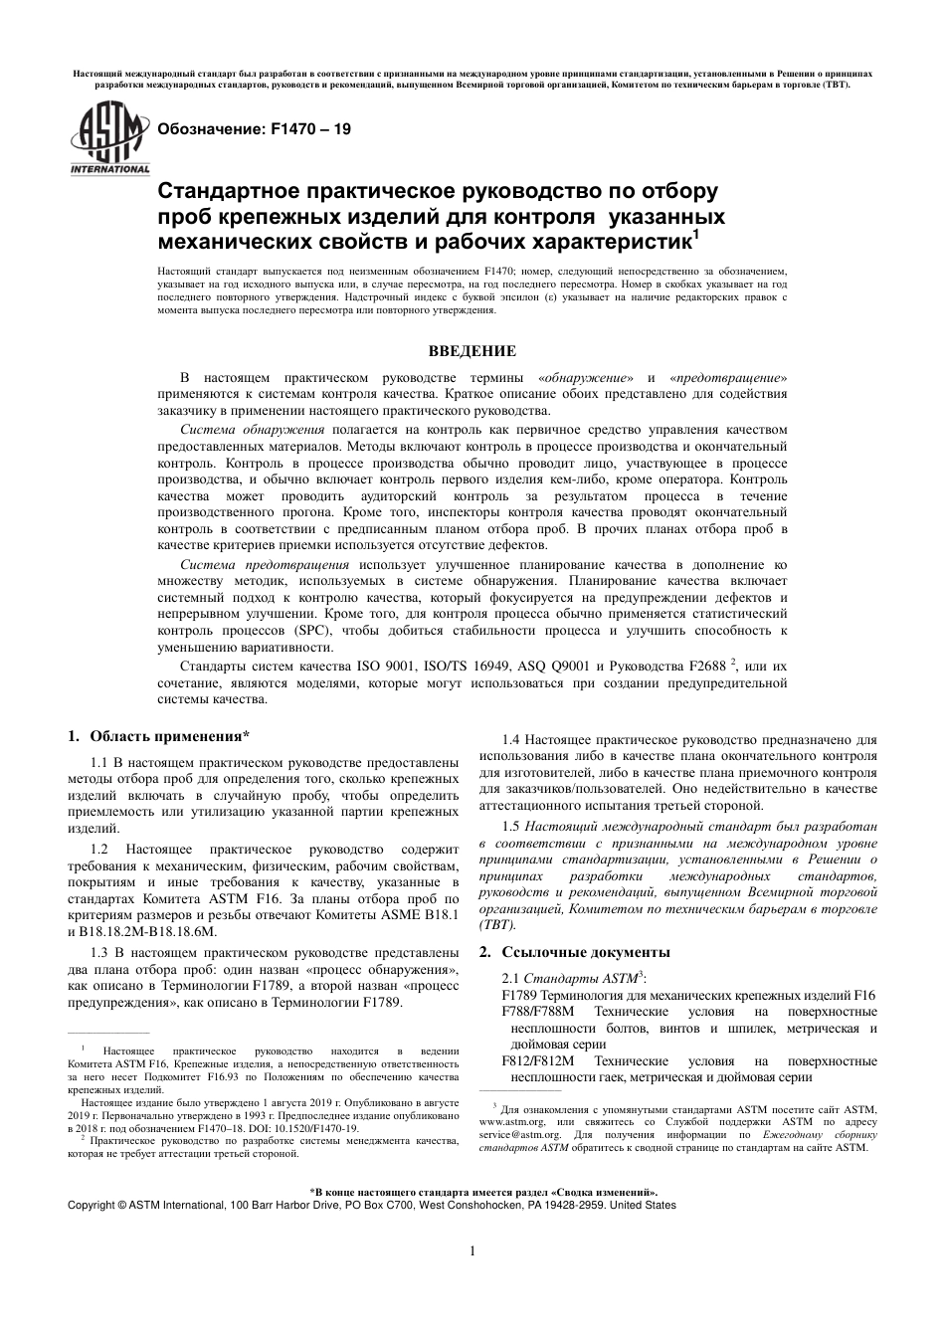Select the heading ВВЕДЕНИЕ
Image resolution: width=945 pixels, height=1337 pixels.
point(472,350)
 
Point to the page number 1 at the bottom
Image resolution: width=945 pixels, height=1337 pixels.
point(472,1251)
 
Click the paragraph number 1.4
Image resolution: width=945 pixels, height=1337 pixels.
point(511,740)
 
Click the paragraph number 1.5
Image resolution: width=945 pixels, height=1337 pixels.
point(511,826)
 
